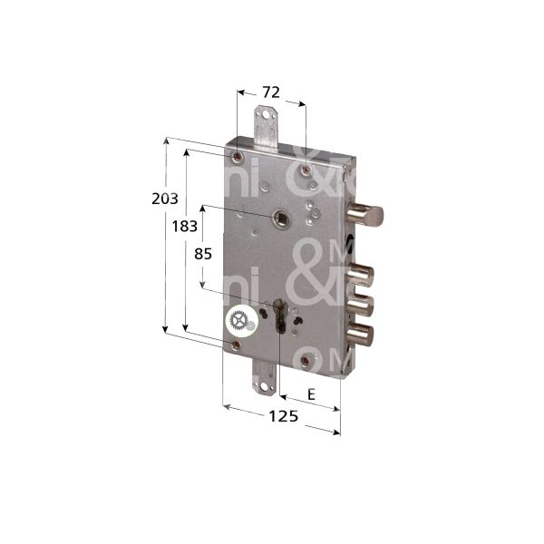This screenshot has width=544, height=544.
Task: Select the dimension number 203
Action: [164, 199]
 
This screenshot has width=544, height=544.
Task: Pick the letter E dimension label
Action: [311, 394]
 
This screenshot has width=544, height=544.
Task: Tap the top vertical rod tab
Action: [266, 124]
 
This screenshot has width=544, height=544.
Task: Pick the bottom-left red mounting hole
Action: [237, 345]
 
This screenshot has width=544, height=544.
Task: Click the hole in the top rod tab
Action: [266, 116]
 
